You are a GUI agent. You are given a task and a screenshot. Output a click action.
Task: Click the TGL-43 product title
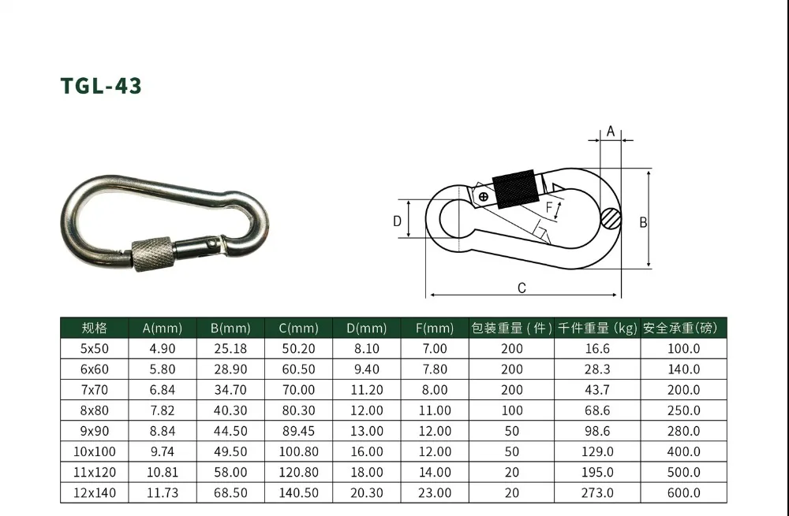(x=101, y=85)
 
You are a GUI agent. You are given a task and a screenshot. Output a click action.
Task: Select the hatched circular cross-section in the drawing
(x=611, y=219)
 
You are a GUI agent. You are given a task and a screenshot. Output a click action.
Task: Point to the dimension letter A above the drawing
(x=611, y=132)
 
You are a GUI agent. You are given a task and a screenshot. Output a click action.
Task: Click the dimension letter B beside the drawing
(x=643, y=223)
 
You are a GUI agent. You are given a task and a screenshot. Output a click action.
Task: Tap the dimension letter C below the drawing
(x=522, y=288)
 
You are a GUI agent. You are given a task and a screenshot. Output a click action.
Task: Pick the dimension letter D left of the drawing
(x=397, y=221)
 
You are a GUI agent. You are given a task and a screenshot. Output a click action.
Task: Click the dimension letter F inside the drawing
(x=549, y=207)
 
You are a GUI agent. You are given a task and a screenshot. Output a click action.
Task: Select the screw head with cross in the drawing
(x=483, y=196)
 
